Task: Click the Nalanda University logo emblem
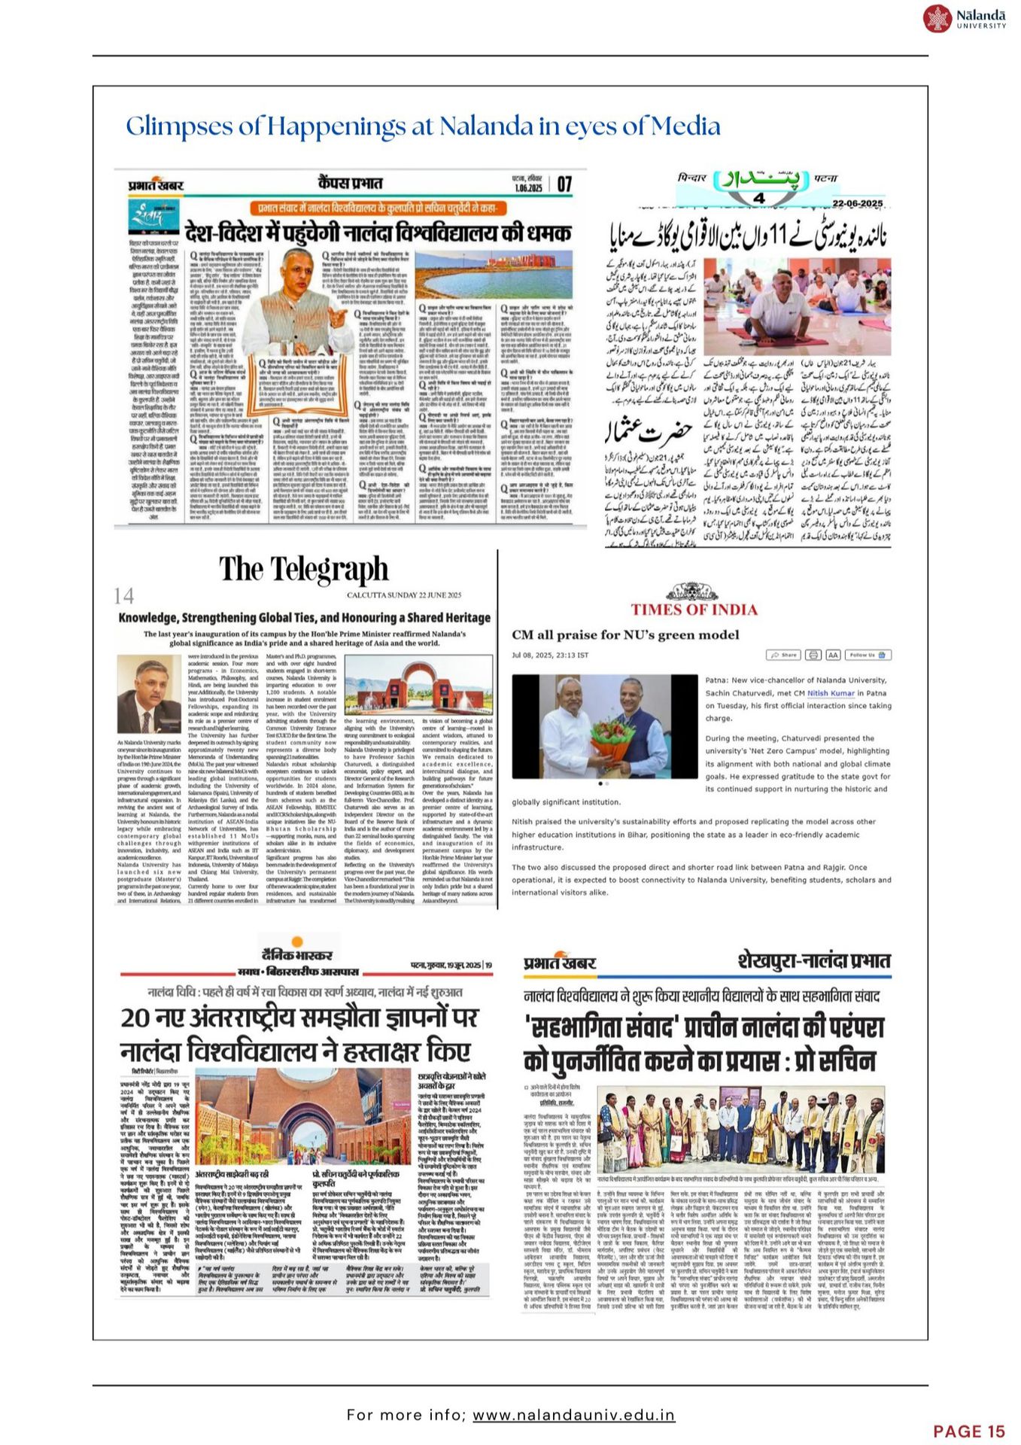pos(937,19)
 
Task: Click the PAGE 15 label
pos(969,1431)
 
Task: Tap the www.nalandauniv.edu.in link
pos(573,1415)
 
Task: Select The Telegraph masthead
pos(304,570)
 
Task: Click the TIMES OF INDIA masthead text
pos(694,610)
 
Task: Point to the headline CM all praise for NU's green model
pos(625,634)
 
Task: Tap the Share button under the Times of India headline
pos(783,655)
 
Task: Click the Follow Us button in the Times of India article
pos(869,655)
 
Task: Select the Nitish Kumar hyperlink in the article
pos(831,693)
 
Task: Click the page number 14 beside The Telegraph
pos(123,597)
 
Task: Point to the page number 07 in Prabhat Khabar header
pos(564,184)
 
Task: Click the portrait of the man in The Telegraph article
pos(149,695)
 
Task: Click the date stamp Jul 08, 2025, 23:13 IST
pos(550,655)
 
